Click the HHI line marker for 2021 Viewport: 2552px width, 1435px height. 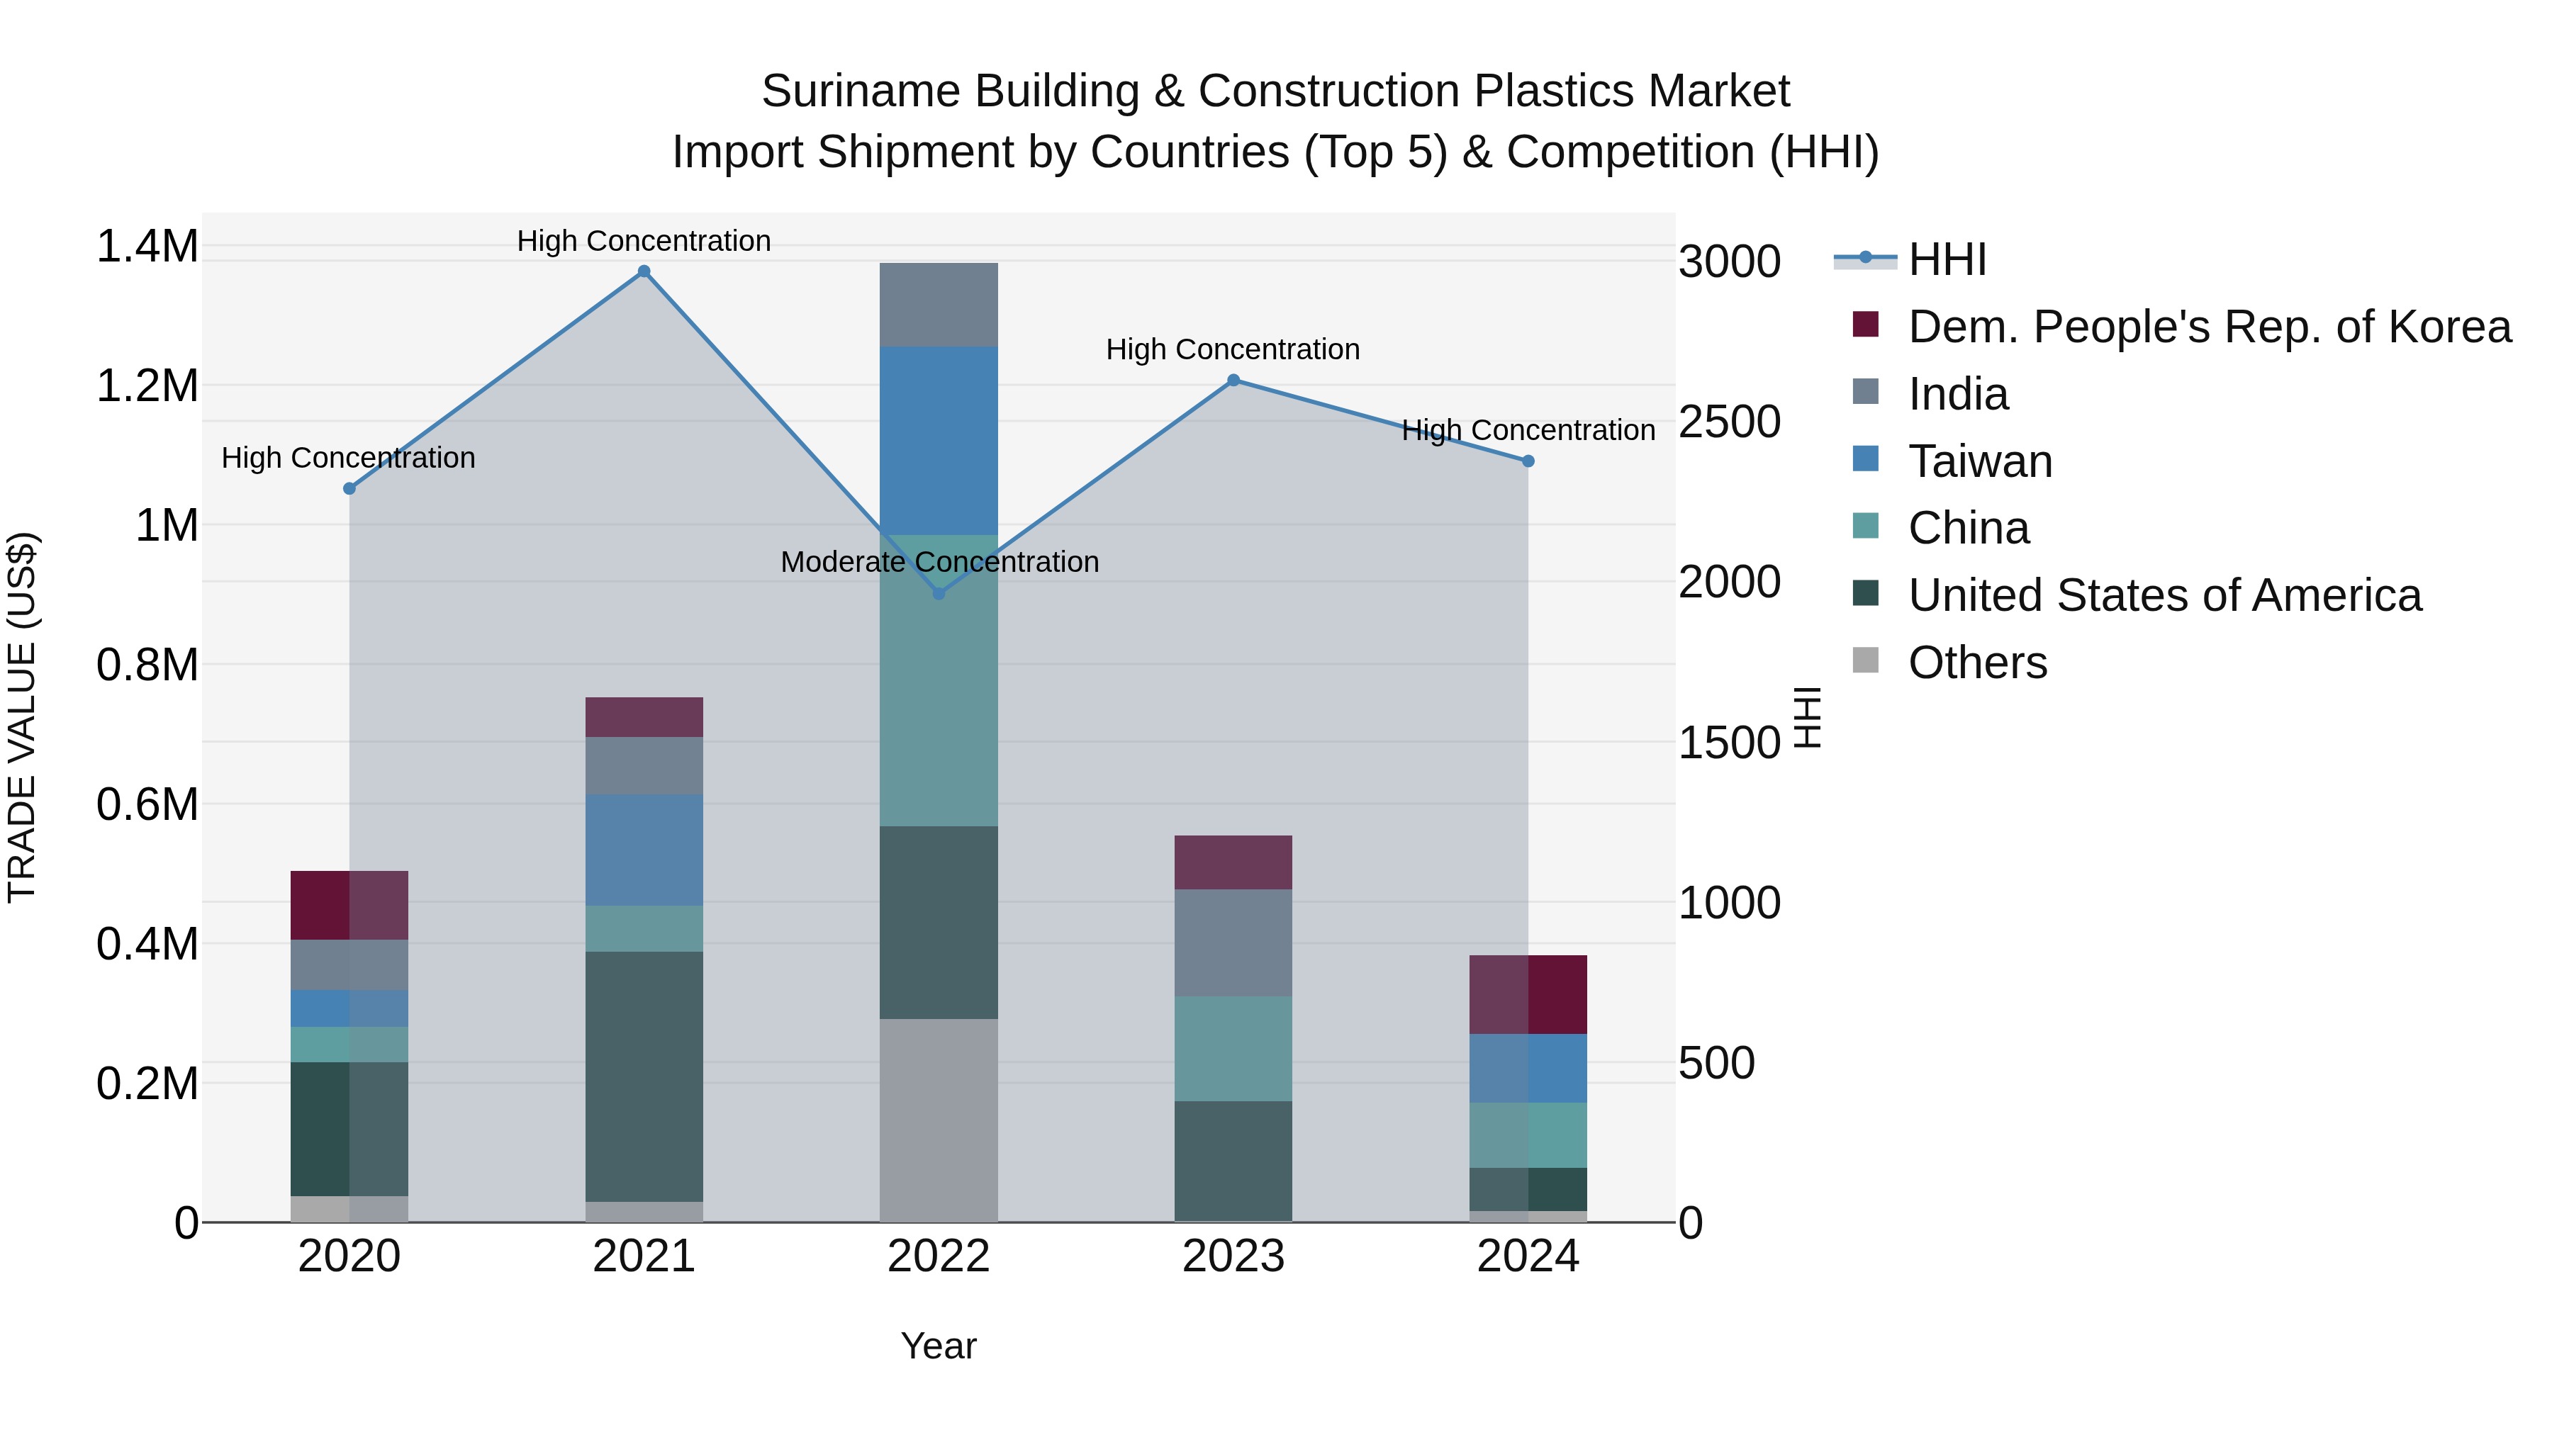(644, 271)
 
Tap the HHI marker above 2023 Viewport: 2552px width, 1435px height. (1233, 381)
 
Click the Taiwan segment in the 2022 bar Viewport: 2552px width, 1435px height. (939, 441)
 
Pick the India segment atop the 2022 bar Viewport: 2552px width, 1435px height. (939, 304)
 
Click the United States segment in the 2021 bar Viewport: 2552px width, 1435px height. (644, 1076)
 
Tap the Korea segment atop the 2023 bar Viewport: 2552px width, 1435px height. (1233, 862)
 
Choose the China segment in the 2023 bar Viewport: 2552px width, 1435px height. (1233, 1048)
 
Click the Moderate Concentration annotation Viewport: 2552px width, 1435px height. (939, 561)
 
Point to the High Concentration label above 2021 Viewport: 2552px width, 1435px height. (644, 241)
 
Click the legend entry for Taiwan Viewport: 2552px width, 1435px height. (1979, 461)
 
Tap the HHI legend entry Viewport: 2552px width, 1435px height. (1946, 259)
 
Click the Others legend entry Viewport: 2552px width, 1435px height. (1976, 663)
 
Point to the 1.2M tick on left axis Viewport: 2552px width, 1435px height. (147, 386)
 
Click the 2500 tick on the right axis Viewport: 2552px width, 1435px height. (1729, 422)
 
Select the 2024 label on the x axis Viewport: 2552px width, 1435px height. (1528, 1256)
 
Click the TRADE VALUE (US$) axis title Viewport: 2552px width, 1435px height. (22, 717)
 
